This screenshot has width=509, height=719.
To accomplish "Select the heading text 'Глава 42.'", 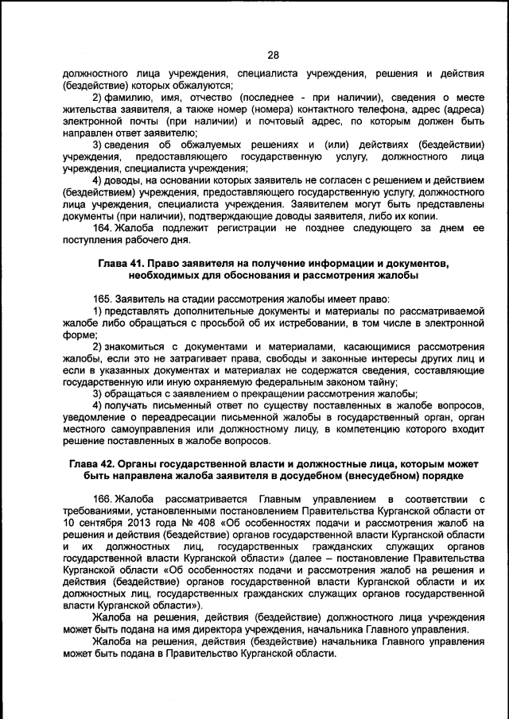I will pyautogui.click(x=93, y=463).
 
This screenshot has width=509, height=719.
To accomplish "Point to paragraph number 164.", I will pyautogui.click(x=103, y=229).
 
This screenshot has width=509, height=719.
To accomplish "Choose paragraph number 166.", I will pyautogui.click(x=103, y=498).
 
